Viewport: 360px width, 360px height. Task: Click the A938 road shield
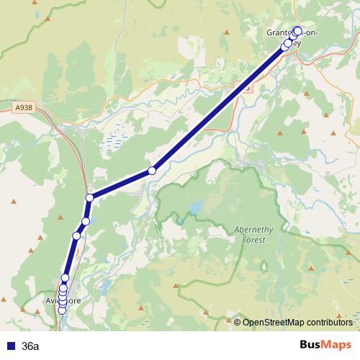tap(24, 107)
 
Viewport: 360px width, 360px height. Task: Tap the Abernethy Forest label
tap(254, 235)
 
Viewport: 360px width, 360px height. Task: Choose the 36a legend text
tap(31, 346)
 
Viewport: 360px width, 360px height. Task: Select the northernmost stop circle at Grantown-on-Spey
tap(297, 30)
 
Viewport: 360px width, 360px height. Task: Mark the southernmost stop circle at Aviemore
tap(62, 310)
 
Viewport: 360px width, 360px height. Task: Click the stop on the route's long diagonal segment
tap(152, 171)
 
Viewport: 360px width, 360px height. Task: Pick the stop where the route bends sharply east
tap(90, 197)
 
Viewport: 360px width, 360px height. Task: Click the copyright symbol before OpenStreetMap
tap(238, 322)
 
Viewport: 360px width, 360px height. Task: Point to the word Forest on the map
tap(254, 240)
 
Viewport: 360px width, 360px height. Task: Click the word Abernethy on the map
tap(254, 230)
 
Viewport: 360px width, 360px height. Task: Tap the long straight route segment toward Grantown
tap(216, 108)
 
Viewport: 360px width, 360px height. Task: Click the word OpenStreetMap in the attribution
tap(274, 322)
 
